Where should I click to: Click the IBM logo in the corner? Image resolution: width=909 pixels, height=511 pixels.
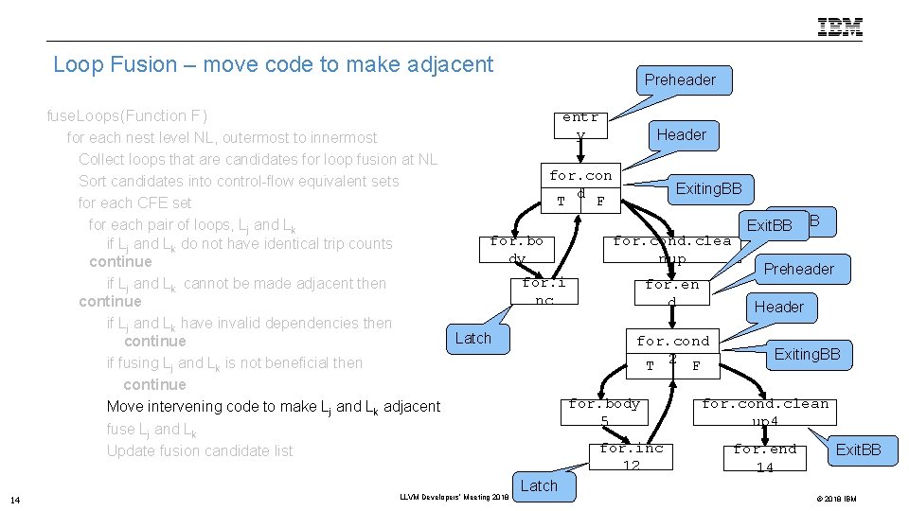click(x=840, y=27)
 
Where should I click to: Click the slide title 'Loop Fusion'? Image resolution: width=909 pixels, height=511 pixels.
click(x=273, y=64)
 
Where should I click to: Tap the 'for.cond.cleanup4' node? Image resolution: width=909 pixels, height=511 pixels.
click(x=764, y=412)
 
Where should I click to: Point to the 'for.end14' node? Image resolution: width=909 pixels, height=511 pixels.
click(x=764, y=458)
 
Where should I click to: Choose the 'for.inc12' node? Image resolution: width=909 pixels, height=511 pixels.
click(x=631, y=457)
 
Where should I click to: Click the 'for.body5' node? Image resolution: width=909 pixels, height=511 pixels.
click(x=604, y=412)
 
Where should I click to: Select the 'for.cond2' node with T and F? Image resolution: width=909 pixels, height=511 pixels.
click(x=672, y=352)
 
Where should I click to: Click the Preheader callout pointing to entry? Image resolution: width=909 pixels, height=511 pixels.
click(x=680, y=80)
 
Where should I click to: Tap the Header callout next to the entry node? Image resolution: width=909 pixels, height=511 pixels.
click(x=681, y=135)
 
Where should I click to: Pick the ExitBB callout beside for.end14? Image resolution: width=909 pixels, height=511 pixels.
click(x=858, y=449)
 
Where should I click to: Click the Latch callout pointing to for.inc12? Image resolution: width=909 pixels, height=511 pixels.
click(x=539, y=485)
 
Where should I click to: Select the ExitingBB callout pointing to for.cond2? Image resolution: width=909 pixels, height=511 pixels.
click(x=807, y=355)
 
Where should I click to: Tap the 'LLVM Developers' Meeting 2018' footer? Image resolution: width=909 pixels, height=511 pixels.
click(x=454, y=496)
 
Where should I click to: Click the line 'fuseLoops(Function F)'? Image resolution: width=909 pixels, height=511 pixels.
click(x=127, y=115)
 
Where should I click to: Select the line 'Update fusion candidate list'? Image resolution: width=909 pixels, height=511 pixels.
click(x=200, y=450)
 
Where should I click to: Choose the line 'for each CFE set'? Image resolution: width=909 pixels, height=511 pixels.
click(x=134, y=203)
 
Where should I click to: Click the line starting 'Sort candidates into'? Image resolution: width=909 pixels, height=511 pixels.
click(x=239, y=181)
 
